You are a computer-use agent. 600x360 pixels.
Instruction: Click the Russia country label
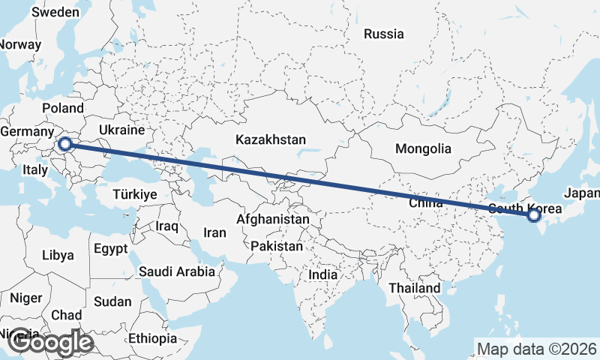pyautogui.click(x=383, y=34)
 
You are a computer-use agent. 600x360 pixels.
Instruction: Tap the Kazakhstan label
pyautogui.click(x=271, y=140)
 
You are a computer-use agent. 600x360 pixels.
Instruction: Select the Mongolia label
pyautogui.click(x=424, y=148)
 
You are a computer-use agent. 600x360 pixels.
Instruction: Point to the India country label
pyautogui.click(x=322, y=275)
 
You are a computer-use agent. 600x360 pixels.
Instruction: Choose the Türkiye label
pyautogui.click(x=134, y=194)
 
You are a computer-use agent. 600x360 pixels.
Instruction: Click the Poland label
pyautogui.click(x=63, y=108)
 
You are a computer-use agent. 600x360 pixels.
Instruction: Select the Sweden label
pyautogui.click(x=55, y=12)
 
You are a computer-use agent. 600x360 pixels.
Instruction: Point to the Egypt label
pyautogui.click(x=111, y=247)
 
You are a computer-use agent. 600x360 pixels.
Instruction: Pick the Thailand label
pyautogui.click(x=414, y=288)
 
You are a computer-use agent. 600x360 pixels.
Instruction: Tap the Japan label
pyautogui.click(x=582, y=193)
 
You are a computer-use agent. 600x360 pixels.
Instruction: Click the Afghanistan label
pyautogui.click(x=273, y=219)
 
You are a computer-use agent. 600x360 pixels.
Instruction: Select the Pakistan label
pyautogui.click(x=277, y=246)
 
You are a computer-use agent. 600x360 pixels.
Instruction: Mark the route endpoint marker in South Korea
pyautogui.click(x=533, y=216)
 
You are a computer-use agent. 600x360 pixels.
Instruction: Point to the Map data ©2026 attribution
pyautogui.click(x=536, y=349)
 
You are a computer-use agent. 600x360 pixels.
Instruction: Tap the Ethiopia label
pyautogui.click(x=152, y=338)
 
